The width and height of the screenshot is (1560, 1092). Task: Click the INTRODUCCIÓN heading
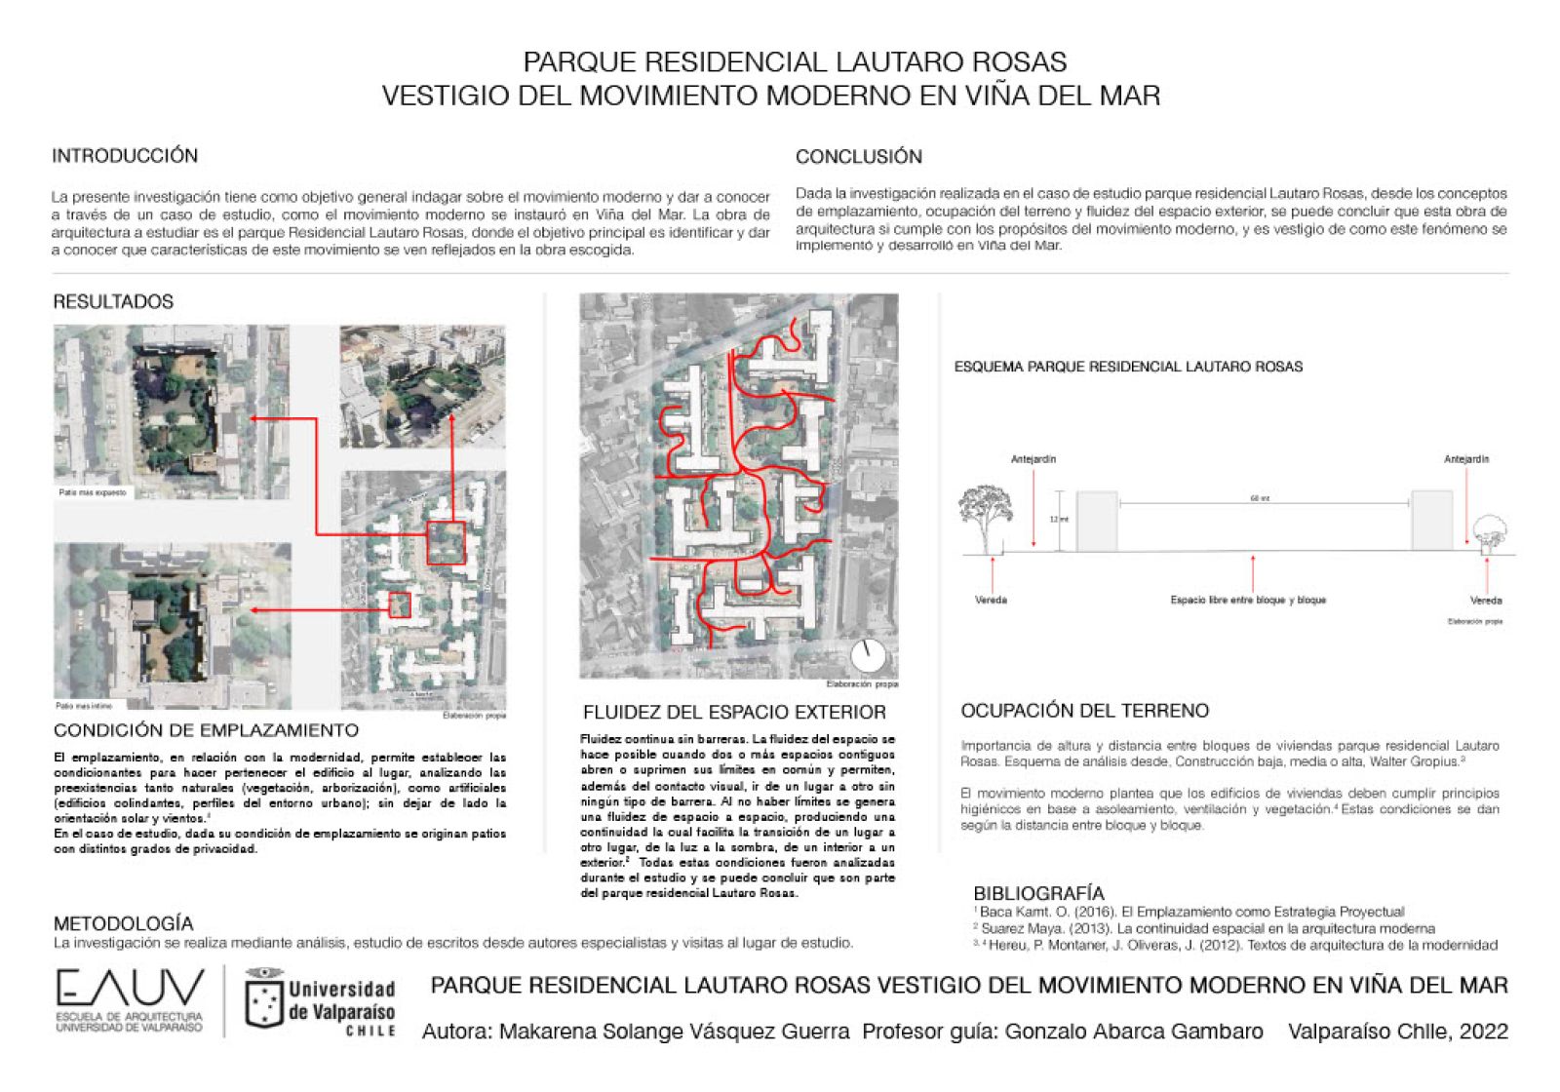125,156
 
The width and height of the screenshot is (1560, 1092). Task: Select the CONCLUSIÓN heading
858,157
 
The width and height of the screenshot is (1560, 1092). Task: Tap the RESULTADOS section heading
113,302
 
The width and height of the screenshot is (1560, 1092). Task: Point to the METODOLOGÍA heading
124,923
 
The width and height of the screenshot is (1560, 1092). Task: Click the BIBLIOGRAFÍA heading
1038,893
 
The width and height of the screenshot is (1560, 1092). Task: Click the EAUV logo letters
130,989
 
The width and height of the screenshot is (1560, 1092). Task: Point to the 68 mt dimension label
1260,498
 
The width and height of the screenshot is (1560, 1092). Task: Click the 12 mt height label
1059,520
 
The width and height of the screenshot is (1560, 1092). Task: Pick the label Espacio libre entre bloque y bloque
1248,601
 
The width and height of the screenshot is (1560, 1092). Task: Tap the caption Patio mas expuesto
93,492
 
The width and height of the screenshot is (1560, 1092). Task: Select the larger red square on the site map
447,543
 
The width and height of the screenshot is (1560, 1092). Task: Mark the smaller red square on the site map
400,604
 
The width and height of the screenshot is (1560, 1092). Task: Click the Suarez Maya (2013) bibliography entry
1207,928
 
